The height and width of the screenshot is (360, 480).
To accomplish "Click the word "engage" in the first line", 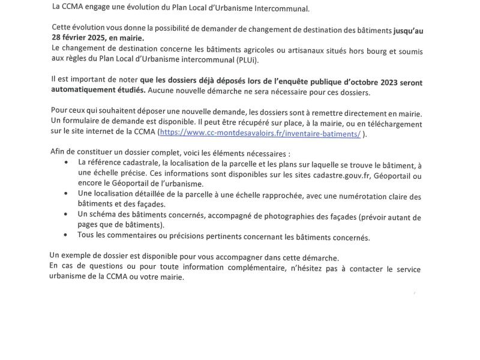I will point(99,8).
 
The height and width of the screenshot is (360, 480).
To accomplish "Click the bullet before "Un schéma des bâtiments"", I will point(66,214).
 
